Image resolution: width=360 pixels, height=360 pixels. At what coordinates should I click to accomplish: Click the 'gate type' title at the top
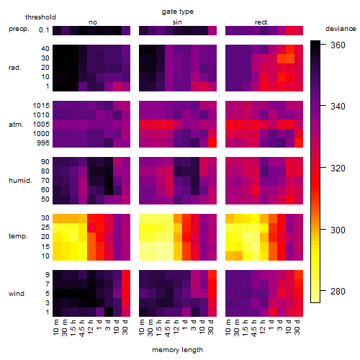point(178,12)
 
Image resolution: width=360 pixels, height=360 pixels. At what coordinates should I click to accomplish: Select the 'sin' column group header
point(177,22)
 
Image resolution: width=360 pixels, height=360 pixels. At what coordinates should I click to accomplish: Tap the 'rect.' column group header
point(262,22)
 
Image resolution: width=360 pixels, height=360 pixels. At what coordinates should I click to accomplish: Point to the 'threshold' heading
point(40,17)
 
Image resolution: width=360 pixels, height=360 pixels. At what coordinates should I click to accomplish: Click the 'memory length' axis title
point(177,350)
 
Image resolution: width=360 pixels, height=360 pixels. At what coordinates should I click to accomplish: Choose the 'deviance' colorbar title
point(341,29)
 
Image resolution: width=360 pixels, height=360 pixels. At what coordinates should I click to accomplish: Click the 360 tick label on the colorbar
point(338,45)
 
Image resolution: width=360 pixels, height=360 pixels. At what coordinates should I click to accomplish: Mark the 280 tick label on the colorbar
point(338,291)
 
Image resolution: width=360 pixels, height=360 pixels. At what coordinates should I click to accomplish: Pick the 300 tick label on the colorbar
point(338,230)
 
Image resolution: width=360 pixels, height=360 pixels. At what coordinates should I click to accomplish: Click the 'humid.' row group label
point(20,181)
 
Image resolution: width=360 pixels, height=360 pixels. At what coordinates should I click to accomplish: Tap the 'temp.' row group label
point(18,236)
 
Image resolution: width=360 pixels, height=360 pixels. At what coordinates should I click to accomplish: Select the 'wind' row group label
point(17,294)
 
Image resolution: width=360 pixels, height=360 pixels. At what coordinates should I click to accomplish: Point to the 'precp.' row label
point(19,29)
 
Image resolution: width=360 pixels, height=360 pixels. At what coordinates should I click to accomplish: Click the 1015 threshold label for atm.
point(41,106)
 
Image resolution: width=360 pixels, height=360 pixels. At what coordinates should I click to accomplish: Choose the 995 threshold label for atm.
point(43,143)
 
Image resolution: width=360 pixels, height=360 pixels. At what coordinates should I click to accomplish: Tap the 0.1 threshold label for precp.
point(44,30)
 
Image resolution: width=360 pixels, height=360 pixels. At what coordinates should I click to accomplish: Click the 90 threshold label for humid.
point(45,162)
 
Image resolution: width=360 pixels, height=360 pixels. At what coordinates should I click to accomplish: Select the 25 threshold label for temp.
point(45,228)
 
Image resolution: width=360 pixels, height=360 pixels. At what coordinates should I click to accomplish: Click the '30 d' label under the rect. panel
point(297,328)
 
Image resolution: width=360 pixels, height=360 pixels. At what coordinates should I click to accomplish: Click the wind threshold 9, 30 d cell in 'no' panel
point(126,274)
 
